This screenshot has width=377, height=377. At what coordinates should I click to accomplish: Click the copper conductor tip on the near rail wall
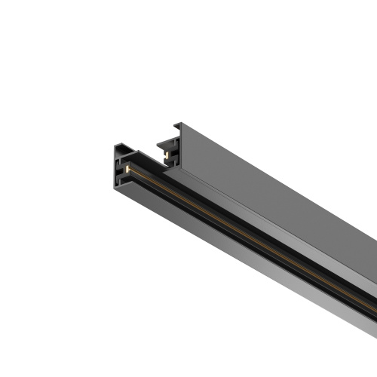(129, 170)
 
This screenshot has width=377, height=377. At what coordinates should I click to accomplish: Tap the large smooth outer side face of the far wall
(287, 204)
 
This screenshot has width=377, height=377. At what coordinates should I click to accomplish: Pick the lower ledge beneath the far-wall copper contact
(165, 160)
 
